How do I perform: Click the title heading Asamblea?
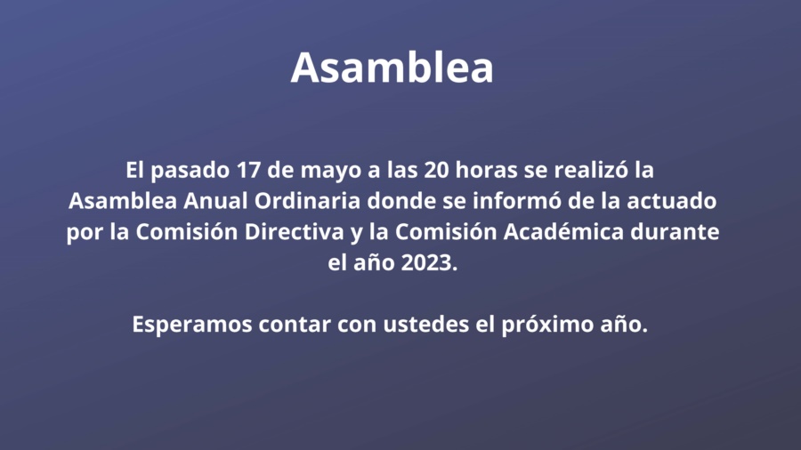point(392,68)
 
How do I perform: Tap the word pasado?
point(190,171)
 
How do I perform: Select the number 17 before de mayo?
point(249,170)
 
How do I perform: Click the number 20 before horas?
point(436,170)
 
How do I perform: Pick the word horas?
point(486,169)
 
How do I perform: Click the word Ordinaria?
point(308,200)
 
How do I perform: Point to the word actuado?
point(672,200)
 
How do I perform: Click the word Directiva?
point(295,231)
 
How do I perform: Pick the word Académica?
point(564,231)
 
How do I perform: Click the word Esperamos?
point(192,325)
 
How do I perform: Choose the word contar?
point(295,325)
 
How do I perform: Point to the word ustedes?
point(426,324)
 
